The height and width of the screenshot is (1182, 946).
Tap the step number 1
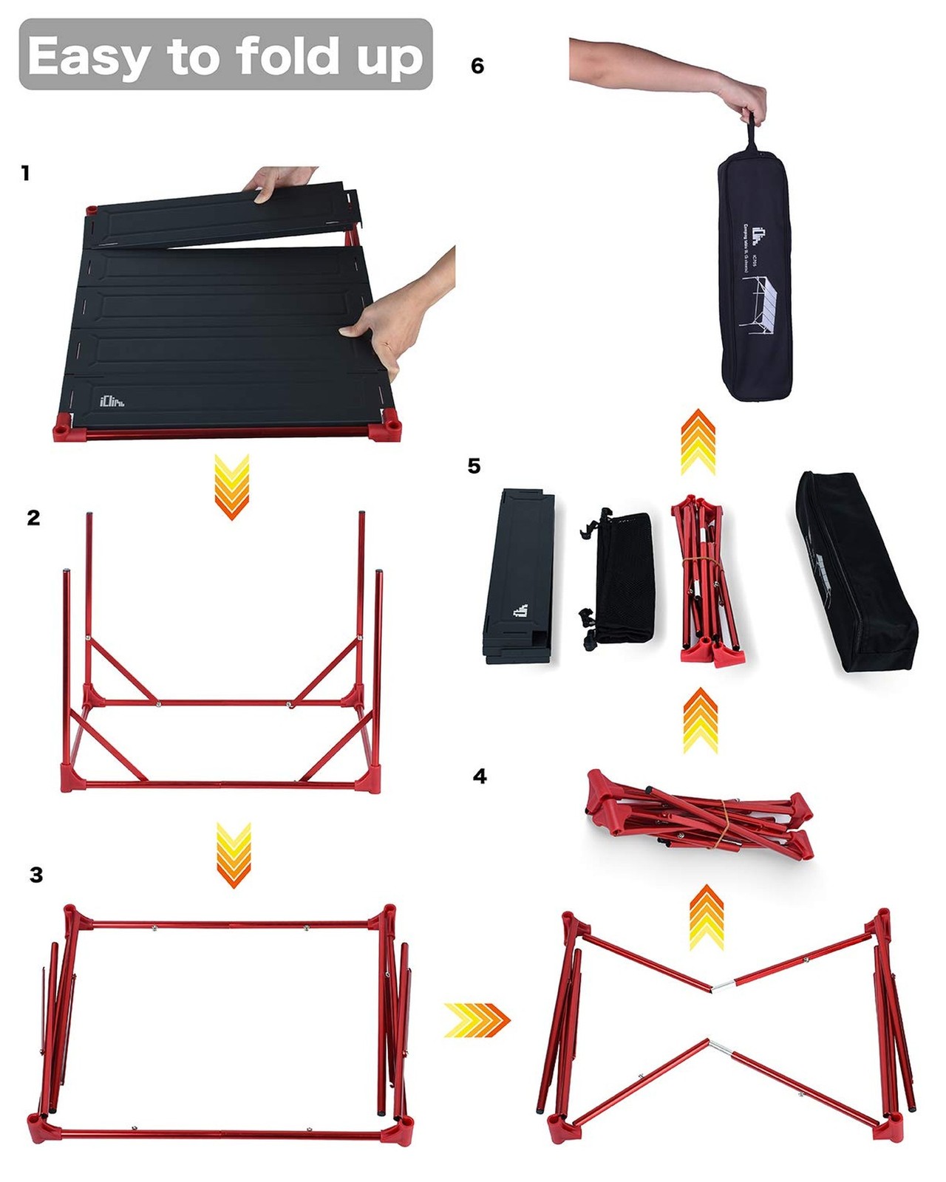click(x=26, y=173)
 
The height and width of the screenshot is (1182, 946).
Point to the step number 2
click(x=33, y=518)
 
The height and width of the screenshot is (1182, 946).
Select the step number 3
click(x=36, y=875)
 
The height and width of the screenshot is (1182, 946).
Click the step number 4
click(x=480, y=776)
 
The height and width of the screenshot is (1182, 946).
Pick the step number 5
click(x=474, y=465)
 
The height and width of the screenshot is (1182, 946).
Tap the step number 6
click(x=477, y=66)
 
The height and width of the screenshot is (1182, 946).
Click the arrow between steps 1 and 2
click(x=231, y=487)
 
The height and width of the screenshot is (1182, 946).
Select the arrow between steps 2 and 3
click(x=234, y=854)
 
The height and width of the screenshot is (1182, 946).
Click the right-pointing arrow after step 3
click(x=477, y=1019)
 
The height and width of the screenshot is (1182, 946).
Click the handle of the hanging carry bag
click(x=752, y=133)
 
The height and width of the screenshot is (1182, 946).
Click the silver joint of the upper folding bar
click(x=723, y=985)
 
